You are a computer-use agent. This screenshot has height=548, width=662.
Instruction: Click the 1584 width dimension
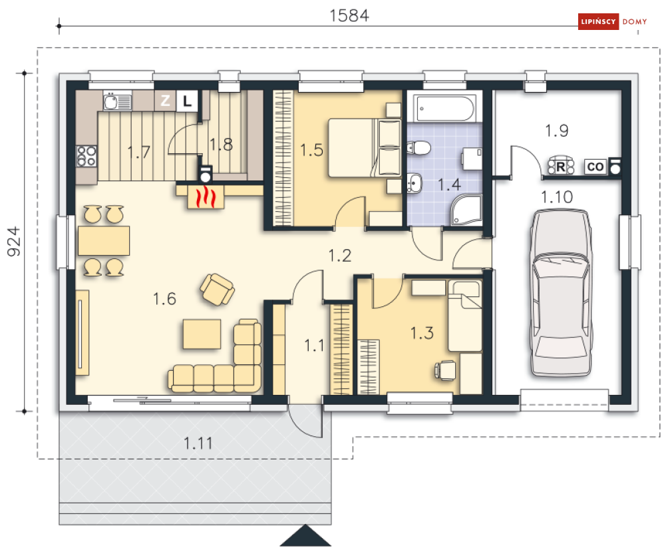tap(349, 15)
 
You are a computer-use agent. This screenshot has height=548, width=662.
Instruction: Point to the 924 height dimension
tap(14, 241)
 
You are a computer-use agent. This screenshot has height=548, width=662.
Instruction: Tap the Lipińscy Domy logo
tap(613, 21)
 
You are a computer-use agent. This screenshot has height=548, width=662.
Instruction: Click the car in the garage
tap(561, 293)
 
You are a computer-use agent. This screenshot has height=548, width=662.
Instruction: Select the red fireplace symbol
tap(206, 197)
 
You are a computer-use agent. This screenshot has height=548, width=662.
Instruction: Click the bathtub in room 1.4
tap(445, 108)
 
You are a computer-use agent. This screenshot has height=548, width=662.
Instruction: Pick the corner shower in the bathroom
tap(466, 210)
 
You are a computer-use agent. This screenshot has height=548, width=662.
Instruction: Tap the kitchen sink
tap(117, 101)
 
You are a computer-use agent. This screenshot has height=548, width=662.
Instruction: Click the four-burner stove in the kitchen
tap(86, 156)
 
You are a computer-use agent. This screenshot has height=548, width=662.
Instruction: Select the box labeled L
tap(187, 101)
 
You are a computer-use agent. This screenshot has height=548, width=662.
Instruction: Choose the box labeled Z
tap(165, 101)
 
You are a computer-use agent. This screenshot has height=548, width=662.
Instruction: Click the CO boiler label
tap(595, 167)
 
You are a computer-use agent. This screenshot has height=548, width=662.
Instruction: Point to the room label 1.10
tap(557, 197)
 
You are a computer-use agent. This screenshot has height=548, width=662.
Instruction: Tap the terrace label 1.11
tap(198, 443)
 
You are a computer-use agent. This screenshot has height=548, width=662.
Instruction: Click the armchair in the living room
tap(217, 289)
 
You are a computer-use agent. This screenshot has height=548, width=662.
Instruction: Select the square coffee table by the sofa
tap(202, 334)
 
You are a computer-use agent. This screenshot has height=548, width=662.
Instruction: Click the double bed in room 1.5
tap(365, 147)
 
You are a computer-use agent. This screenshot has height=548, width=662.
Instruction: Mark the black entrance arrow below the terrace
tap(305, 535)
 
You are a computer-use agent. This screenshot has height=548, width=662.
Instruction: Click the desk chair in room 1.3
tap(445, 370)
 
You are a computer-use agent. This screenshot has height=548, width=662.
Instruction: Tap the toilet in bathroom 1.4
tap(418, 148)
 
